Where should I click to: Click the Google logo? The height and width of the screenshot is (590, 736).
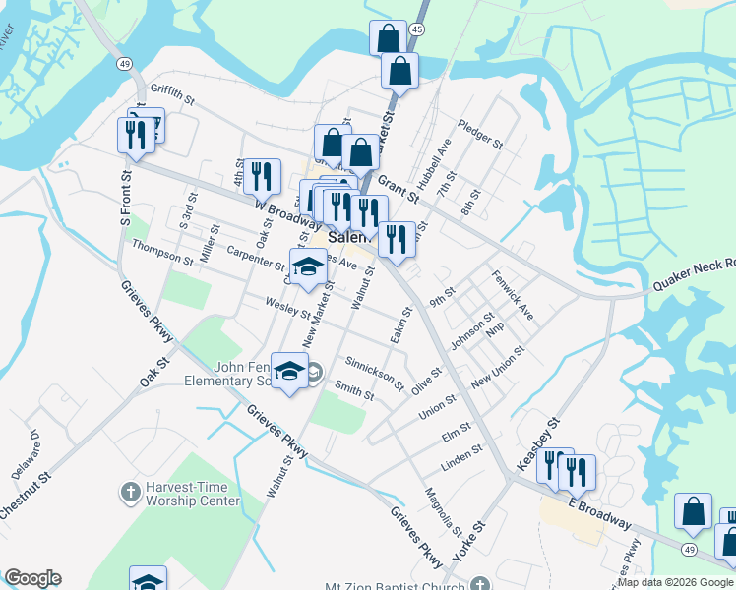(x=32, y=578)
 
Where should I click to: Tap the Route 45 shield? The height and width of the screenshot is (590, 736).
(x=417, y=30)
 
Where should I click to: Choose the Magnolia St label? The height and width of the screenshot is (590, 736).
(x=443, y=511)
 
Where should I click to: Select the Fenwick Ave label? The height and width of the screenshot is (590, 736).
(x=513, y=296)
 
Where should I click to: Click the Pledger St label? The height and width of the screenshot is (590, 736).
(x=480, y=136)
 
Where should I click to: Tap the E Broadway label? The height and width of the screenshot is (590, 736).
(x=598, y=513)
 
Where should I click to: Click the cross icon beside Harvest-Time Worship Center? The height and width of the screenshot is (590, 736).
(x=129, y=490)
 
